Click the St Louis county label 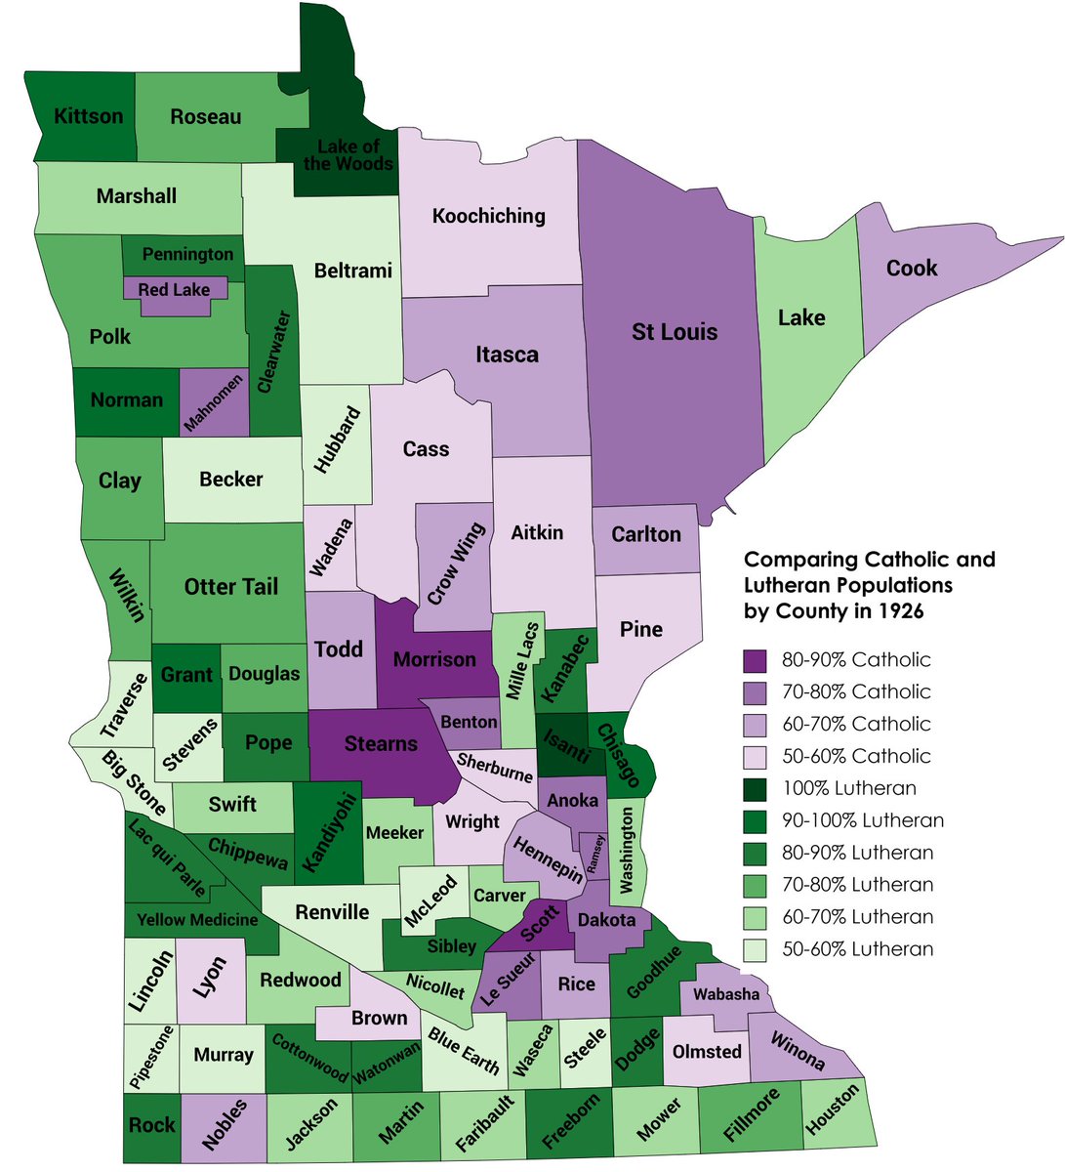pos(675,332)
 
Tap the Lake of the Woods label pos(348,155)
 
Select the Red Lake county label pos(175,289)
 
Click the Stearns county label pos(381,744)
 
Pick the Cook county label pos(912,268)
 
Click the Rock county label pos(152,1124)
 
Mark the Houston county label pos(833,1110)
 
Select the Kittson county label pos(89,116)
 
